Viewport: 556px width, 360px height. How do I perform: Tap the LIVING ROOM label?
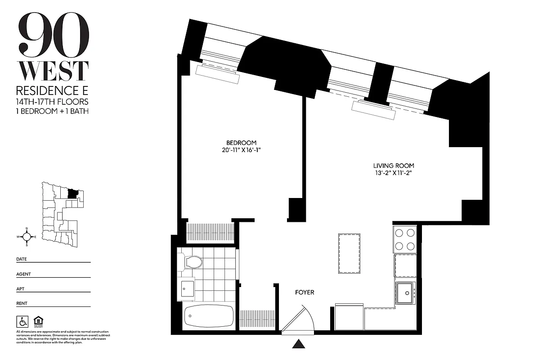point(393,166)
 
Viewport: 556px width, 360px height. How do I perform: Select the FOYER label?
point(305,292)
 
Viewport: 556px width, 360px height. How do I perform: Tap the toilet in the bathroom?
point(193,262)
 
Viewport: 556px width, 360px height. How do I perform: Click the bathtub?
point(209,317)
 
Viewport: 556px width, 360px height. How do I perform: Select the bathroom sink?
point(188,288)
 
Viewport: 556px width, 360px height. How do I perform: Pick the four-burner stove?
point(405,239)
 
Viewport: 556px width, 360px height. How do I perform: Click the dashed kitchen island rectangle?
point(349,253)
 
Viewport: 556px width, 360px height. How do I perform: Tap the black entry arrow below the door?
point(299,344)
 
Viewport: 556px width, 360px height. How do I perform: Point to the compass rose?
point(27,236)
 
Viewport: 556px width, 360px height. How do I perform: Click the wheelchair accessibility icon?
point(22,321)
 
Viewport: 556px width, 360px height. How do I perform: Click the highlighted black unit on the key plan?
point(72,194)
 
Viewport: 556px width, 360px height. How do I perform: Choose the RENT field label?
point(22,303)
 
